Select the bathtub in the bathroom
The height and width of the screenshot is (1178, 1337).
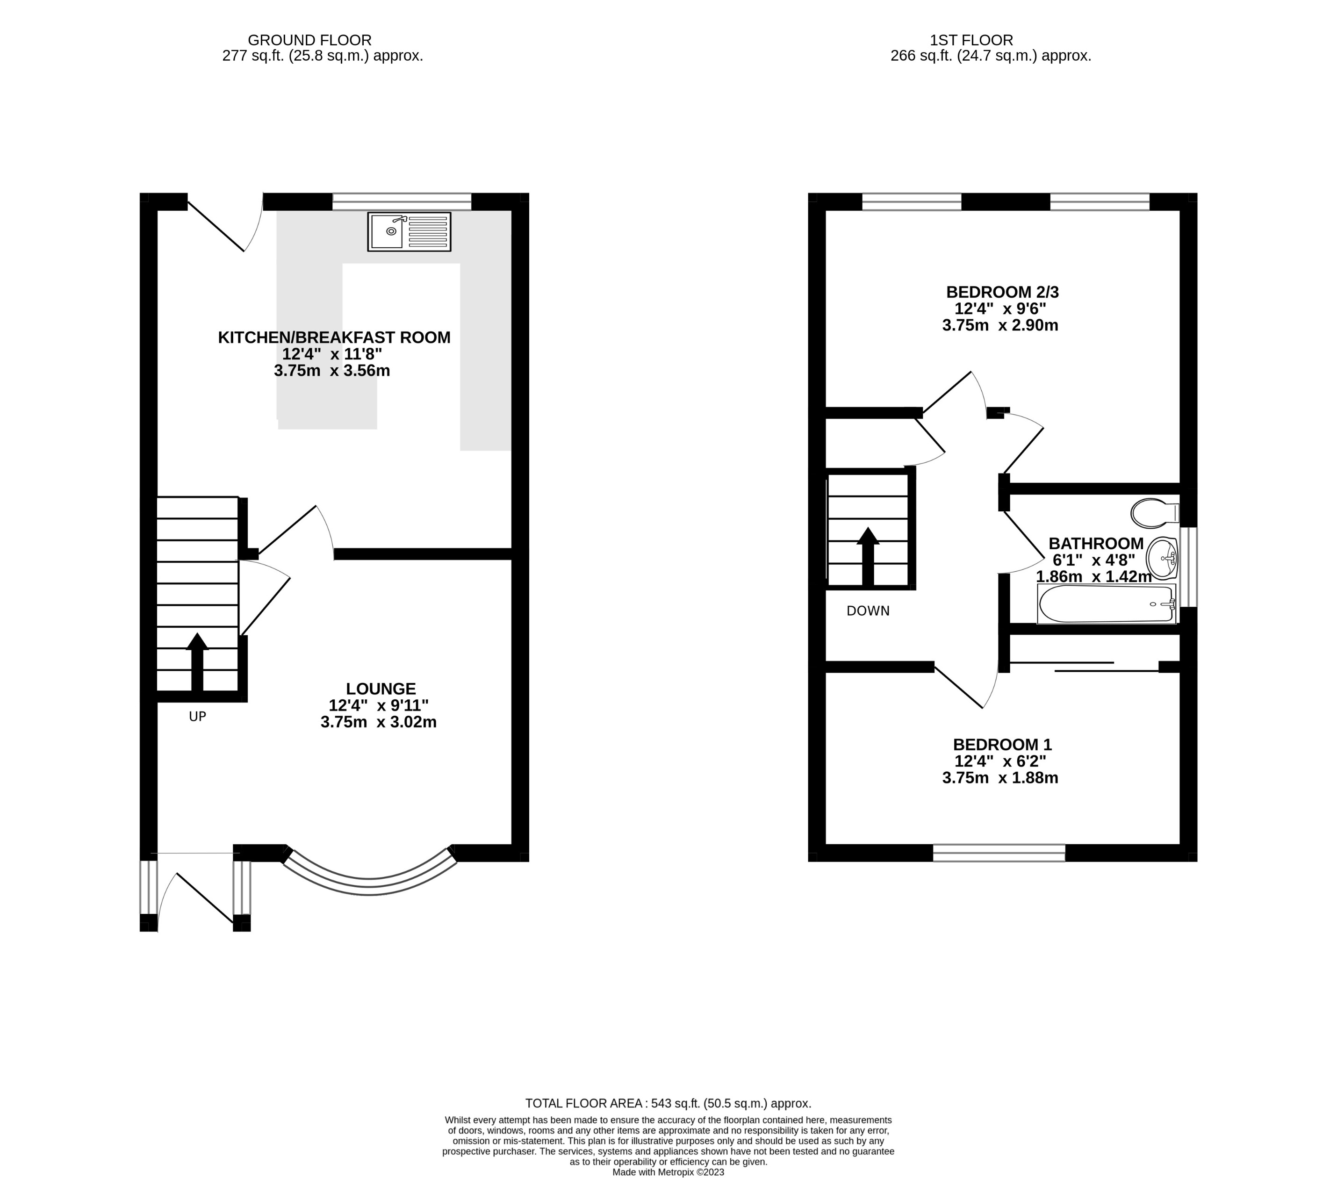click(x=1106, y=604)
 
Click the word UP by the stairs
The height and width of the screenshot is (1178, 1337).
click(x=198, y=717)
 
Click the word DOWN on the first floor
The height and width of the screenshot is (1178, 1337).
click(x=868, y=611)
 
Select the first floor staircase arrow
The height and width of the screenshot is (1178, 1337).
click(x=868, y=556)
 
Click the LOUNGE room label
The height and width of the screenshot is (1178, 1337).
click(x=381, y=689)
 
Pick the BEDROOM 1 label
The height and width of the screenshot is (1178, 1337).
click(x=1002, y=744)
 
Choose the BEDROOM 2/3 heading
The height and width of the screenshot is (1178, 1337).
click(x=1001, y=292)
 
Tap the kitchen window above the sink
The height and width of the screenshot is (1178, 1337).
click(x=402, y=201)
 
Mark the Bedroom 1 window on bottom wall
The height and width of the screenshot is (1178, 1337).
click(x=999, y=853)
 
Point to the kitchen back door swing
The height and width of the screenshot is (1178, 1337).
click(x=226, y=226)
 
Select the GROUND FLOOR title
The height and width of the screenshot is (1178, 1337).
click(x=309, y=40)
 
